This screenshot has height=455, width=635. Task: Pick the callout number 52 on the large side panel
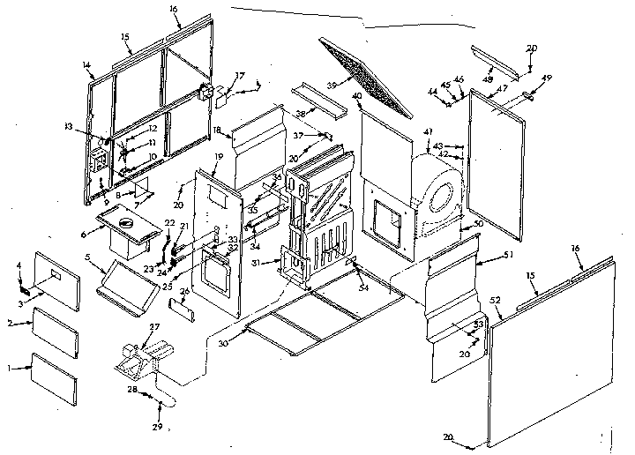tap(496, 302)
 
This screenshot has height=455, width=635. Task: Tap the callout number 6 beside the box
tap(85, 234)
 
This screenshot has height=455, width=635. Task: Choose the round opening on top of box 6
tap(124, 222)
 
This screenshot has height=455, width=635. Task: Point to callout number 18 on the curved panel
tap(217, 130)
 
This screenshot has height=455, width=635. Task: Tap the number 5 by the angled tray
tap(88, 257)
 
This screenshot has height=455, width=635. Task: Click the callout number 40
tap(356, 95)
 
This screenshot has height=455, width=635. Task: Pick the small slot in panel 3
tap(55, 276)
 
